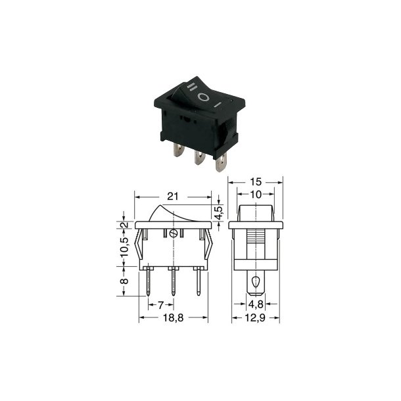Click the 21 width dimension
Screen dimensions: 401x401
click(173, 196)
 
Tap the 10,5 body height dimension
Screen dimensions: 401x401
click(124, 248)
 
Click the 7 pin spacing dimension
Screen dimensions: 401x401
click(160, 305)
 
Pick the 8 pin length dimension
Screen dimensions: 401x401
click(124, 281)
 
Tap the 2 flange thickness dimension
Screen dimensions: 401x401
click(124, 224)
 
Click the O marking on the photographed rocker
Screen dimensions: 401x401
click(205, 97)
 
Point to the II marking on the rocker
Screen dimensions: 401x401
click(191, 87)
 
